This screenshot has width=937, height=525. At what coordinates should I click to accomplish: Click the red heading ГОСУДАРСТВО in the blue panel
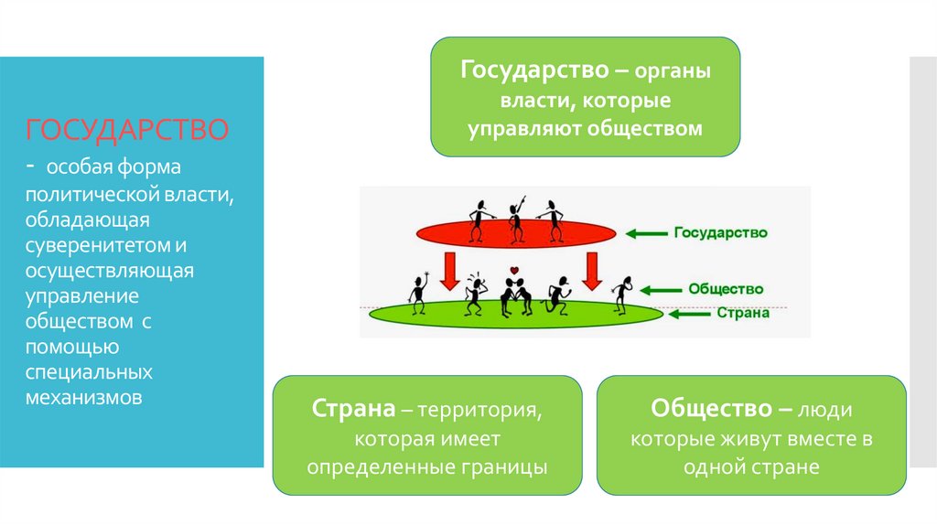click(x=126, y=129)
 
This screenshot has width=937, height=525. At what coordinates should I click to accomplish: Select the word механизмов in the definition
click(x=83, y=399)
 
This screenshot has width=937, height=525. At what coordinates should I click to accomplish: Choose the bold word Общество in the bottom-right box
click(x=715, y=407)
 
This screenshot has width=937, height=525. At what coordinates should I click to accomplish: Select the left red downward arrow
click(x=449, y=271)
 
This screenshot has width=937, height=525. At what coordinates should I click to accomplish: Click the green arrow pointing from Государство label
click(x=648, y=234)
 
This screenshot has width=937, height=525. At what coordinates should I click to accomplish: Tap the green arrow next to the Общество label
click(x=661, y=290)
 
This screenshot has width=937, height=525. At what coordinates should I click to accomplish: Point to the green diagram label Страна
click(x=742, y=312)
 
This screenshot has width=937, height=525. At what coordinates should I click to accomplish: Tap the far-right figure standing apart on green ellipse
click(x=625, y=294)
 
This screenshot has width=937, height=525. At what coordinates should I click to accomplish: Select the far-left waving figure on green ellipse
click(x=419, y=293)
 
